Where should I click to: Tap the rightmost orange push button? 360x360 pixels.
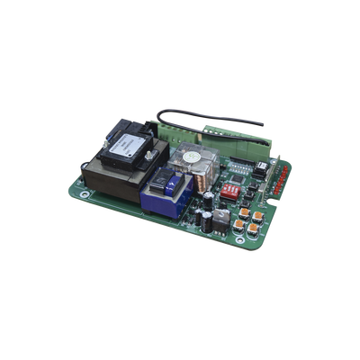click(x=258, y=218)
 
